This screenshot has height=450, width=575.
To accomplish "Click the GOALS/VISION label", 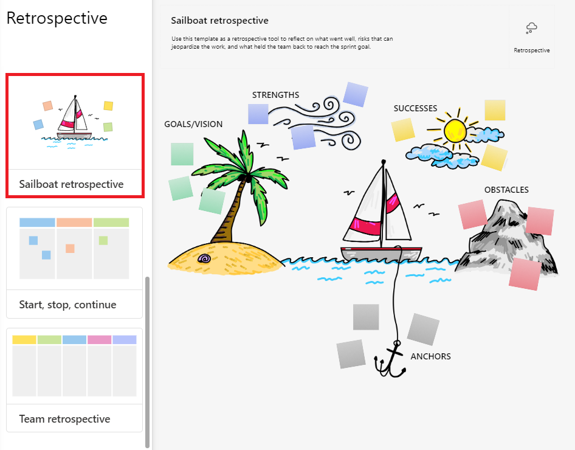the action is (x=193, y=124).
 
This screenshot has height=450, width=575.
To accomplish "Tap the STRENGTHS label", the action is (x=275, y=95).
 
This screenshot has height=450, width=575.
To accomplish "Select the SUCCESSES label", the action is (x=415, y=108).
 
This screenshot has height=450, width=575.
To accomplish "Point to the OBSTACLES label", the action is (x=506, y=190).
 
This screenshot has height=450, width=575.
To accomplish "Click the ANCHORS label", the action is (x=430, y=356).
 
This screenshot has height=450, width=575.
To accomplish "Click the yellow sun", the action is (x=455, y=131).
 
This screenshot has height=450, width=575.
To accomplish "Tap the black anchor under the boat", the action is (x=390, y=359).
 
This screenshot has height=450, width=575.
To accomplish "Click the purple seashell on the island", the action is (x=204, y=258).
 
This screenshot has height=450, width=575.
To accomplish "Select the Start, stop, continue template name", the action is (x=67, y=305).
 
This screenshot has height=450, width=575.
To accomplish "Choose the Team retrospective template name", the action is (x=64, y=419).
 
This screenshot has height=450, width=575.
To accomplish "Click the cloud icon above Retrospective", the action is (x=531, y=28).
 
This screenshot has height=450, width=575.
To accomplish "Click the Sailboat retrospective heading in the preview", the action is (x=219, y=21).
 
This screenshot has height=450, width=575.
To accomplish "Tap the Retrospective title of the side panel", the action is (x=57, y=18).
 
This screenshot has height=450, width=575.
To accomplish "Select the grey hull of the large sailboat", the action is (x=381, y=254).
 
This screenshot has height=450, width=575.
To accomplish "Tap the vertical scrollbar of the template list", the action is (x=148, y=362).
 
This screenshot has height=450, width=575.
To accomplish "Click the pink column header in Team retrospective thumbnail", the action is (x=99, y=339).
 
